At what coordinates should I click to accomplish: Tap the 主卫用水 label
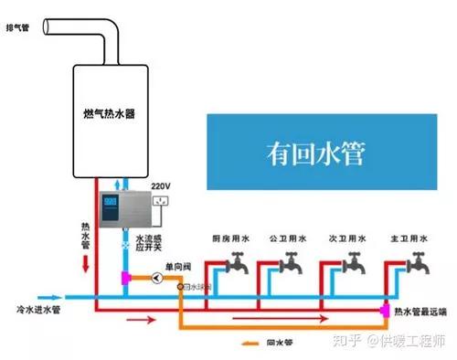tap(407, 239)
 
